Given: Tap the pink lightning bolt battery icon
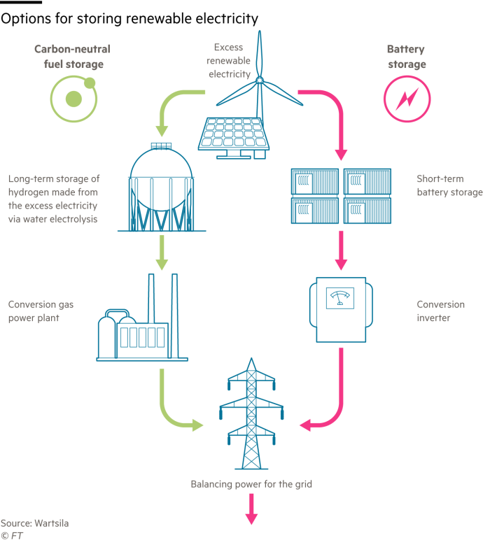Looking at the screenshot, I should point(405,99).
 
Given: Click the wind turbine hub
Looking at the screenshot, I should point(260,82).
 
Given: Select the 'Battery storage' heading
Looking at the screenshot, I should point(406,57).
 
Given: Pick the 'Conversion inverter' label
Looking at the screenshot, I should point(440,311).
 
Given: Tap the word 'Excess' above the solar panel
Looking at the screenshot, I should point(229,48).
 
